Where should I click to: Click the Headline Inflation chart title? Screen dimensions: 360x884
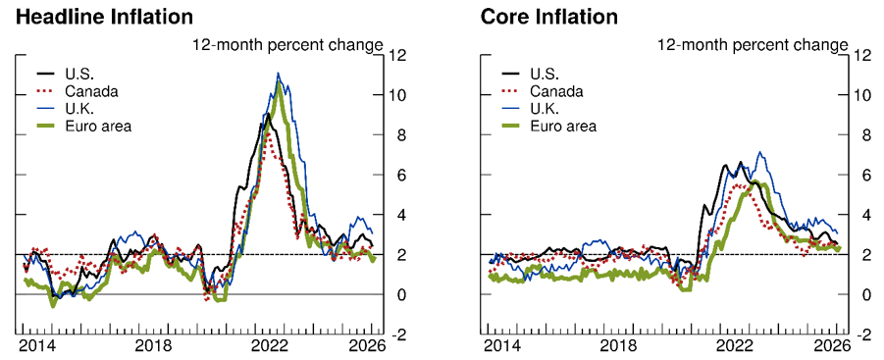(x=103, y=17)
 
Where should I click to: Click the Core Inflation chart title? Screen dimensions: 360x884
(x=549, y=17)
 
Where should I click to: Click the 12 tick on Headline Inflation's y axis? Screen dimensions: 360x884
(x=395, y=55)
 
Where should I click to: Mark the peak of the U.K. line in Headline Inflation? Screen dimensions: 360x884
(x=279, y=74)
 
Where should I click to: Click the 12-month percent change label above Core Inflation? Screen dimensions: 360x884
(x=753, y=44)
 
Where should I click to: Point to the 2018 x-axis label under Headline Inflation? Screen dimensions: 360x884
(x=153, y=346)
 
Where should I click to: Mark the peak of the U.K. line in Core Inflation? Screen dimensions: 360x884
(x=758, y=153)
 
